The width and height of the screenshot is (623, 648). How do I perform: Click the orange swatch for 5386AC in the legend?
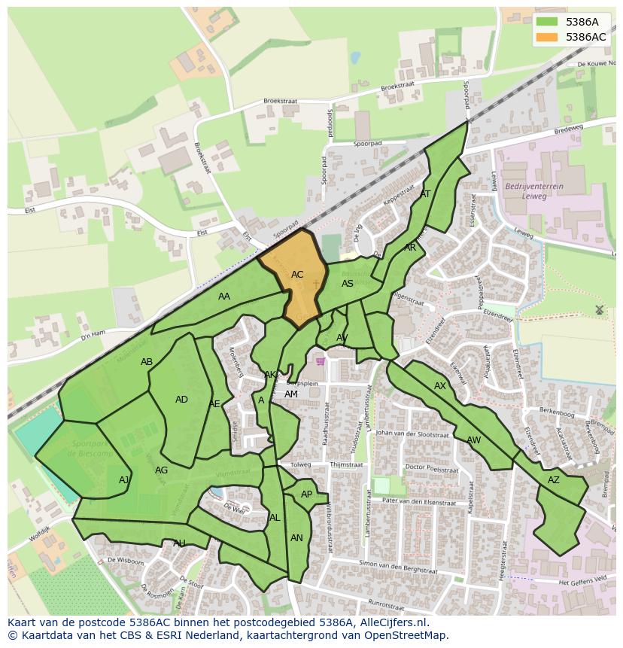coord(547,37)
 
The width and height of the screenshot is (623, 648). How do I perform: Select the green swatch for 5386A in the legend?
coord(547,23)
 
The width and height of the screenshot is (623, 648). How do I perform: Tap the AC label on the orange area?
coord(297,275)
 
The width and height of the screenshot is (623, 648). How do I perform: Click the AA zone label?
coord(224,297)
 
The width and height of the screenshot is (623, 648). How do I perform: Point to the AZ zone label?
coord(554,480)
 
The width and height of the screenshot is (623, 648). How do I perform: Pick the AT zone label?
coord(425,194)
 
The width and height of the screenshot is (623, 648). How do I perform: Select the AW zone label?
coord(473,440)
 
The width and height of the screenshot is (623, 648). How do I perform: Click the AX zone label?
coord(440,386)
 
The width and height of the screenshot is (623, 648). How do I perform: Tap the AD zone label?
coord(181,400)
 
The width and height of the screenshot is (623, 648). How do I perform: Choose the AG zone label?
coord(161,470)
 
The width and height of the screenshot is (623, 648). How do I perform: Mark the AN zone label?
coord(296,538)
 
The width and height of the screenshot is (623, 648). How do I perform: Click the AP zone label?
coord(306,494)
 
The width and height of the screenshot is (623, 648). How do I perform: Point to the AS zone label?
coord(348,284)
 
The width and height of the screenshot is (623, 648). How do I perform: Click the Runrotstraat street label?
coord(371,604)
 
